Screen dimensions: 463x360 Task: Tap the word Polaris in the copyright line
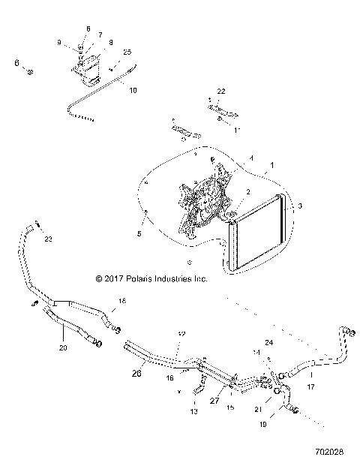[x=144, y=278]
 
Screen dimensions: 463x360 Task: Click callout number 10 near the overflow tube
[x=133, y=89]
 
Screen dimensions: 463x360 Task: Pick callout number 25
[x=127, y=52]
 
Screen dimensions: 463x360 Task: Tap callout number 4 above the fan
[x=230, y=158]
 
